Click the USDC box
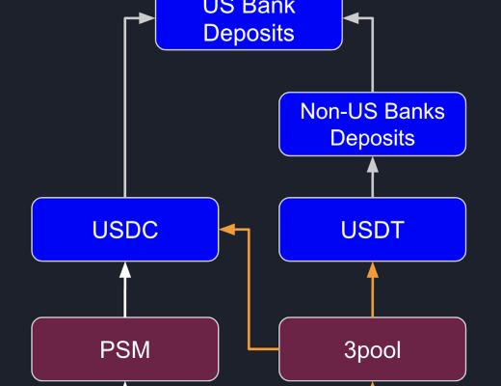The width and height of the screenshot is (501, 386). pyautogui.click(x=124, y=230)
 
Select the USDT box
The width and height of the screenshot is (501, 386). pyautogui.click(x=372, y=230)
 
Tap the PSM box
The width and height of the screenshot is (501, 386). pyautogui.click(x=124, y=349)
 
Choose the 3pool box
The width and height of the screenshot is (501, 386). pyautogui.click(x=372, y=349)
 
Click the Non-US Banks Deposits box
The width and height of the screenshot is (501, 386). pyautogui.click(x=372, y=124)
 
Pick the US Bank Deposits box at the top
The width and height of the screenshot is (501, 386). pyautogui.click(x=249, y=24)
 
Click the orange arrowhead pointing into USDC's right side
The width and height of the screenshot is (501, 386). pyautogui.click(x=227, y=230)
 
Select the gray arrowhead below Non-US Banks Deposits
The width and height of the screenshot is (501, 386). pyautogui.click(x=373, y=164)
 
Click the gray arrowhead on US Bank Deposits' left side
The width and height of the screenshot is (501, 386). pyautogui.click(x=147, y=17)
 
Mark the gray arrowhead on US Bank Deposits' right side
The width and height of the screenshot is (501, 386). pyautogui.click(x=351, y=17)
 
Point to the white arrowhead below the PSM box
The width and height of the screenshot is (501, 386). pyautogui.click(x=124, y=382)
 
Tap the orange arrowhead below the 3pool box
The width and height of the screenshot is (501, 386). pyautogui.click(x=373, y=382)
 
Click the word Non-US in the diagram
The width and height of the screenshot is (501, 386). pyautogui.click(x=336, y=111)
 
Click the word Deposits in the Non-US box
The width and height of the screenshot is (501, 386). pyautogui.click(x=372, y=137)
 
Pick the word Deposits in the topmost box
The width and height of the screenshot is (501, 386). pyautogui.click(x=249, y=35)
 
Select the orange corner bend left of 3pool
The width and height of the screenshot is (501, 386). pyautogui.click(x=250, y=347)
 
